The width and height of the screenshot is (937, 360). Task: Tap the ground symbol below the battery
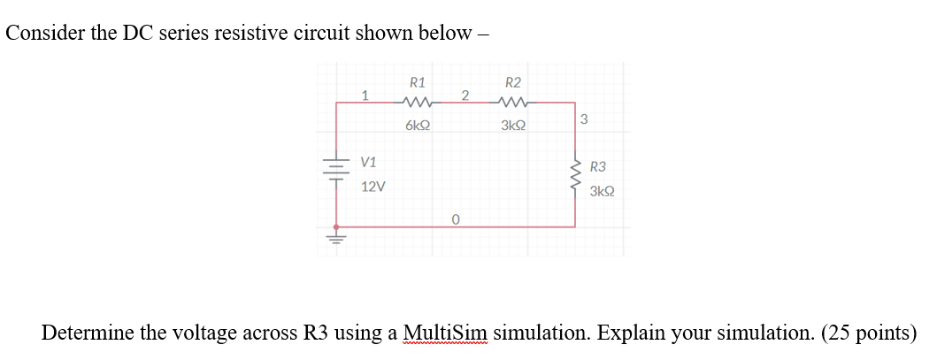point(336,237)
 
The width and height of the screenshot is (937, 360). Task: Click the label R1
point(418,82)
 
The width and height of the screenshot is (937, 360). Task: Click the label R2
point(513,82)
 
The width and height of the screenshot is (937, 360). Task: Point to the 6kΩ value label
point(418,126)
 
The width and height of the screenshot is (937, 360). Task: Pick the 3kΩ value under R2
point(513,126)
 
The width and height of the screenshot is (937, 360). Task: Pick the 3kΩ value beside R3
point(603,190)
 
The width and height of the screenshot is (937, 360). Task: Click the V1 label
point(368,163)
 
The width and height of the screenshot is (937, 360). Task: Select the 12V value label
point(372,187)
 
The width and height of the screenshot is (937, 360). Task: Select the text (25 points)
point(868,333)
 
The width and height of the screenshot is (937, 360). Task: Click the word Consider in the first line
point(40,33)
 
